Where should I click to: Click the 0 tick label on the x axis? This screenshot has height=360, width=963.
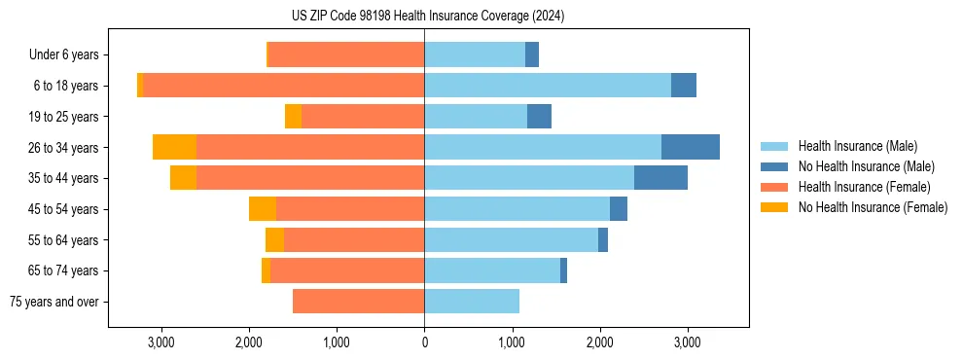(x=424, y=342)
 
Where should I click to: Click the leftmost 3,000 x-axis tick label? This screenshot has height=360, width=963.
(x=160, y=342)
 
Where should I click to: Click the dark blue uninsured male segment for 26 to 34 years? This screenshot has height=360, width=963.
(x=691, y=147)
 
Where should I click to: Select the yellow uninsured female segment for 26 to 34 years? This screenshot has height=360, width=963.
(x=174, y=147)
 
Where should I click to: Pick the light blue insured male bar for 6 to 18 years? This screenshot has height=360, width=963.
(x=547, y=86)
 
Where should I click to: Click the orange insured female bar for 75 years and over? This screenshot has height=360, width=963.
(x=358, y=302)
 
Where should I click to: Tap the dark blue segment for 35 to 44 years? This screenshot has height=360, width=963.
(x=660, y=178)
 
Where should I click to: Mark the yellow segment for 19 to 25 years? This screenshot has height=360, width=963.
(x=293, y=117)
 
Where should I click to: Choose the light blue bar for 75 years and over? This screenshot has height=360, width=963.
(x=472, y=302)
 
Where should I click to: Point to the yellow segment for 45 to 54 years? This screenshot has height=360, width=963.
(x=263, y=209)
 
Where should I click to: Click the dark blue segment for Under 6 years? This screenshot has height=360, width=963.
(x=532, y=55)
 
